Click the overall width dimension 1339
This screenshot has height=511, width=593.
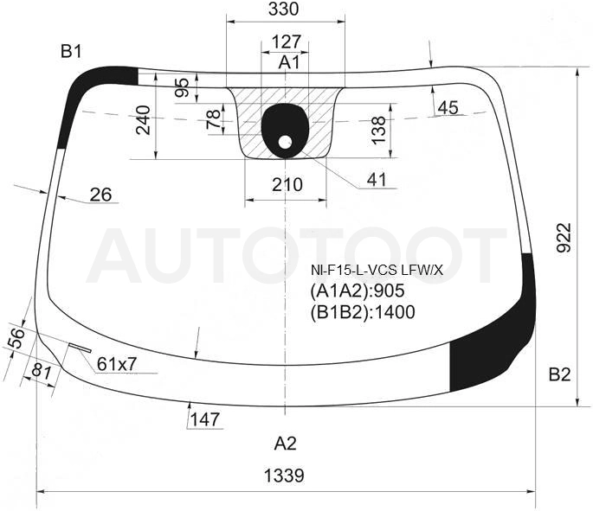(x=284, y=476)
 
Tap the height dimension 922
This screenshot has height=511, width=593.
(x=564, y=238)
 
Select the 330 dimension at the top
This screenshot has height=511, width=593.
(x=284, y=9)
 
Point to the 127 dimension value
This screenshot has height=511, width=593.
(x=286, y=42)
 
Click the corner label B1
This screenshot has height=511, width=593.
(x=71, y=51)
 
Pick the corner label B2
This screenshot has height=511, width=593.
(x=559, y=374)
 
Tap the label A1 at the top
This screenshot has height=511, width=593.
(x=289, y=62)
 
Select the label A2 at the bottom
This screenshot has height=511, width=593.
(x=285, y=444)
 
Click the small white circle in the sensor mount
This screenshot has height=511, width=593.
(x=285, y=142)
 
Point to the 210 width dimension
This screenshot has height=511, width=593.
(x=287, y=185)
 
